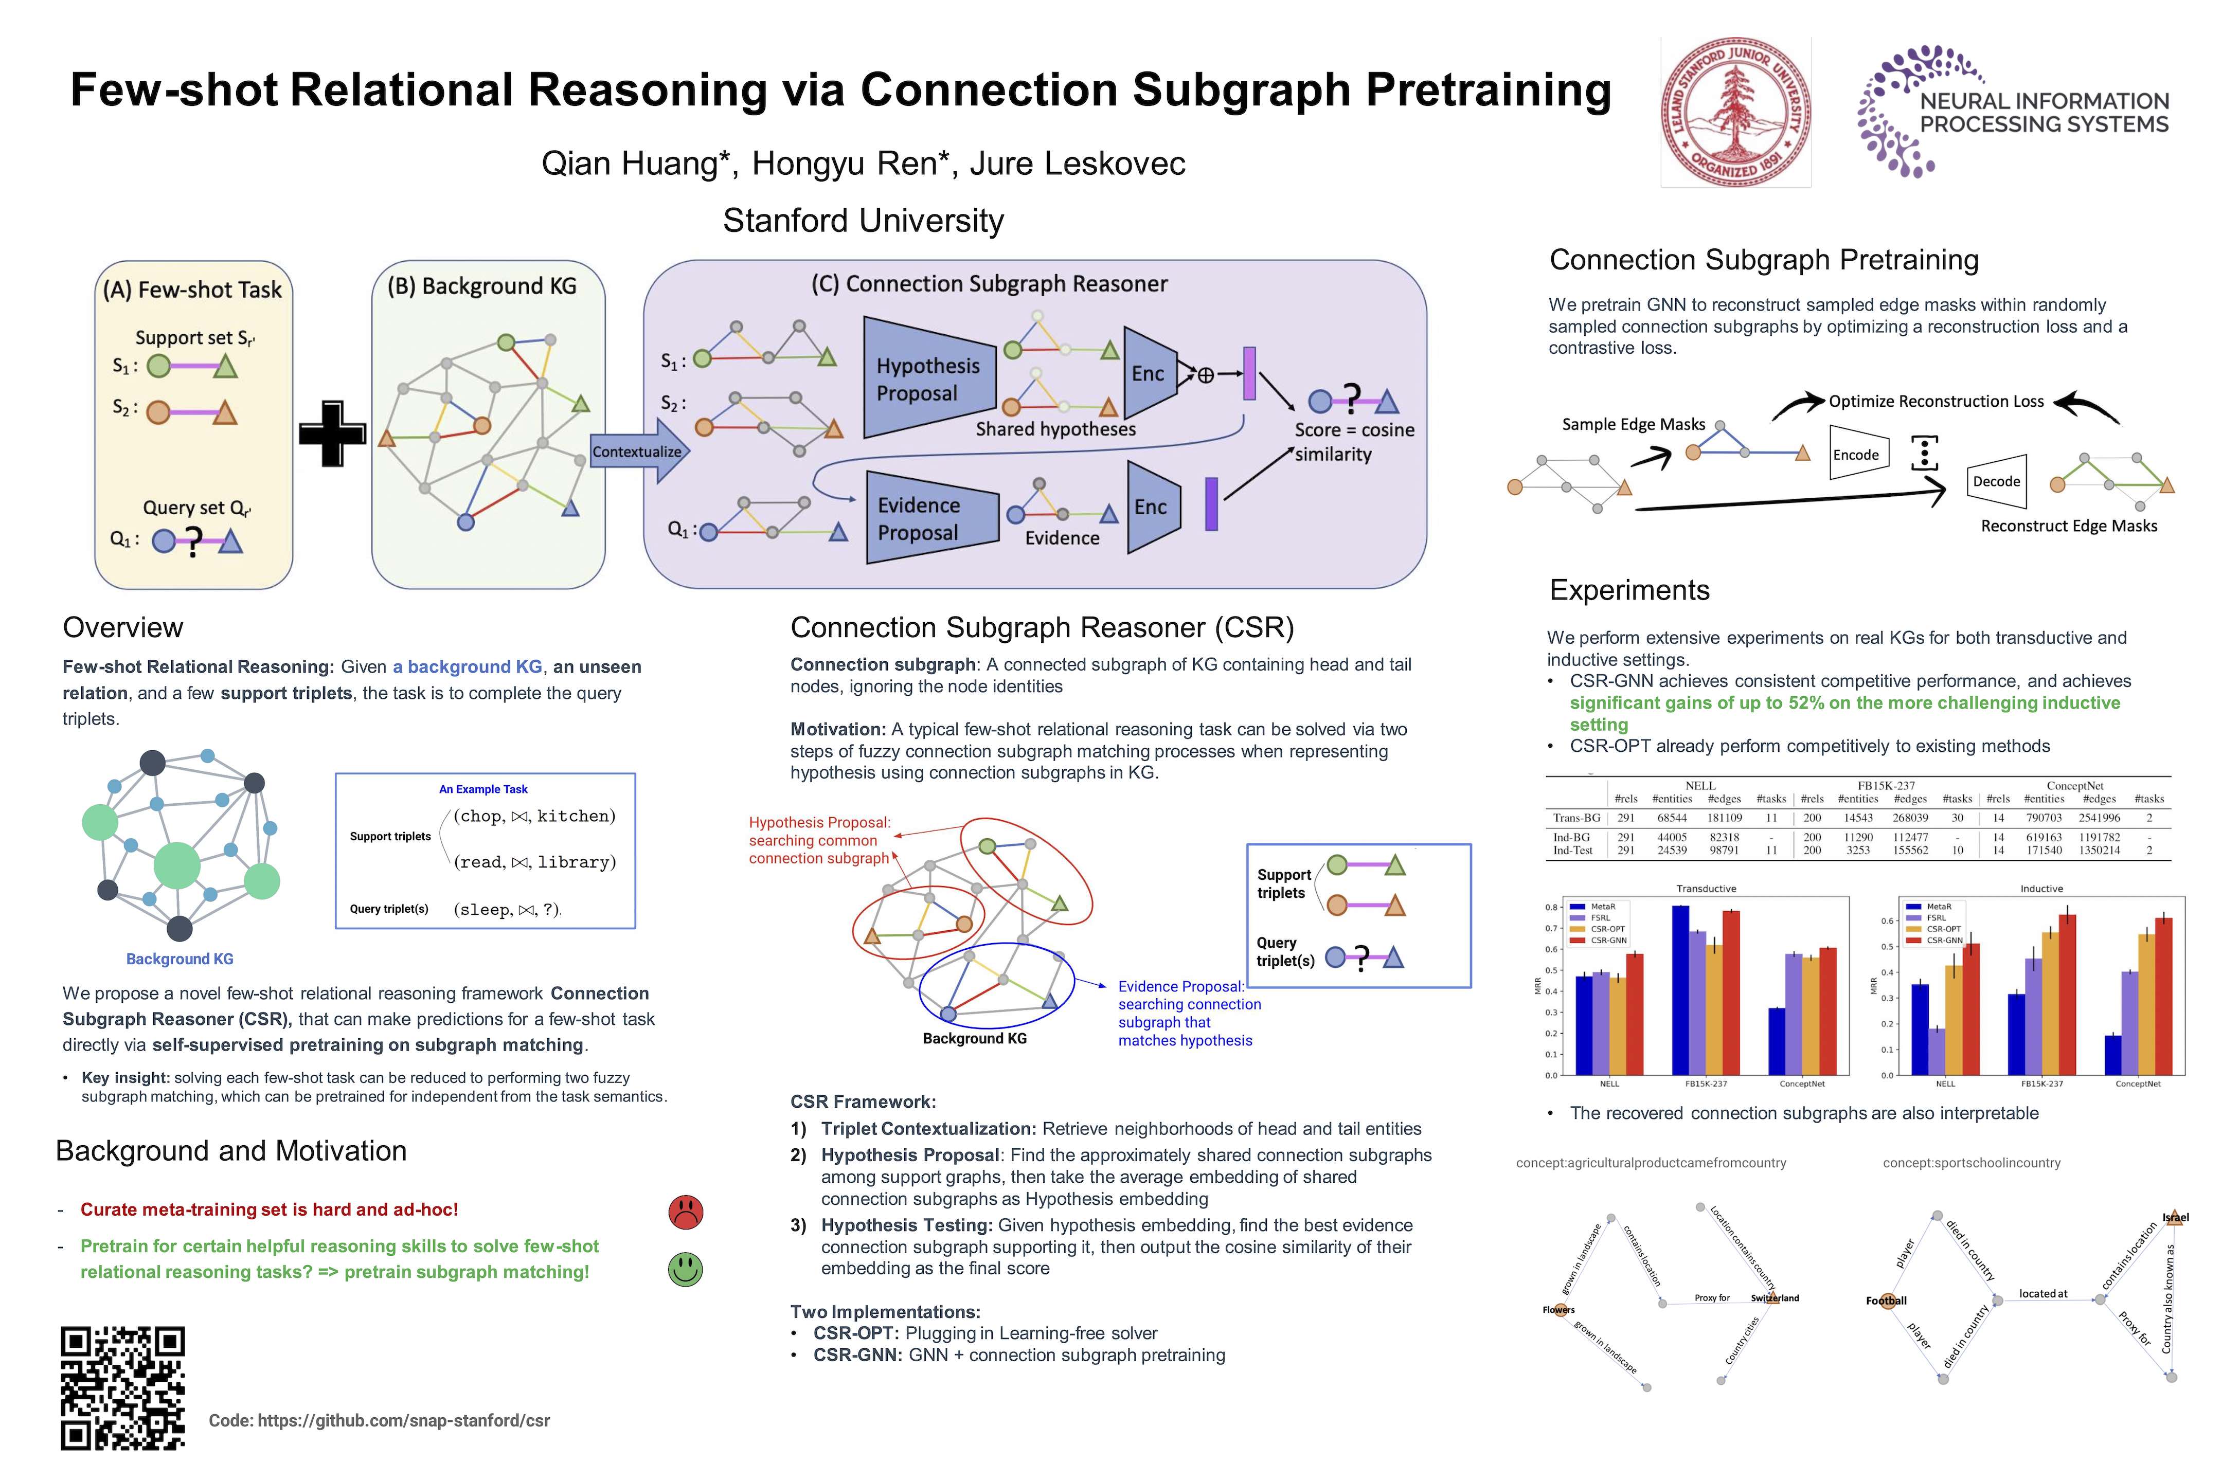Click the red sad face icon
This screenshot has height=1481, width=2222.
[x=686, y=1212]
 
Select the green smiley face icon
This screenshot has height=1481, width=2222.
[x=686, y=1269]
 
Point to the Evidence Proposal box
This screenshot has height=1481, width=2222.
[x=930, y=518]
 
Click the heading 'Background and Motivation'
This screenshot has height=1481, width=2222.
[x=231, y=1150]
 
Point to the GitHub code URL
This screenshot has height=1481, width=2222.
[x=379, y=1420]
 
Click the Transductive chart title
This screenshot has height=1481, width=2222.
[x=1706, y=889]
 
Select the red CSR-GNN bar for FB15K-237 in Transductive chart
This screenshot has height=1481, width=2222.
[x=1731, y=992]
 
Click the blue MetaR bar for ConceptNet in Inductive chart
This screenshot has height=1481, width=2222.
[x=2113, y=1055]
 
